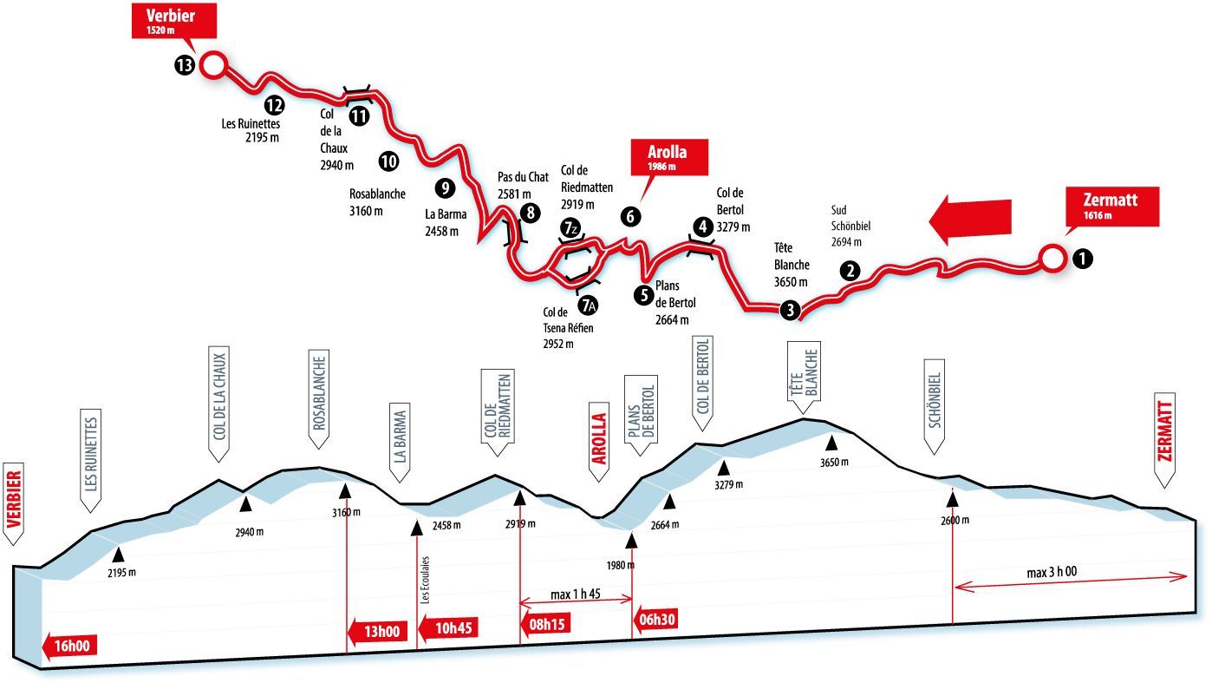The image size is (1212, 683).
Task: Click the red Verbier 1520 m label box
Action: pyautogui.click(x=174, y=21)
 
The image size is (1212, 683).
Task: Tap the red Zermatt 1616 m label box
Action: pyautogui.click(x=1112, y=206)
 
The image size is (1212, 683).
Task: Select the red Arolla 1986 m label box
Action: pyautogui.click(x=669, y=157)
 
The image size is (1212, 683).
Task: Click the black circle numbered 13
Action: pyautogui.click(x=185, y=66)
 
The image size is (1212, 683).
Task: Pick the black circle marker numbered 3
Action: pyautogui.click(x=791, y=311)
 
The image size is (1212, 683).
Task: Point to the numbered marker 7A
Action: pyautogui.click(x=588, y=305)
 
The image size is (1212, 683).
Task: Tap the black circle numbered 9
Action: pyautogui.click(x=445, y=188)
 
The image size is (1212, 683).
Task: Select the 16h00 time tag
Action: pyautogui.click(x=69, y=647)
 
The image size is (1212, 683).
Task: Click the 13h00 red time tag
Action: pyautogui.click(x=377, y=632)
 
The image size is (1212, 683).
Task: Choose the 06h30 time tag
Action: pyautogui.click(x=655, y=619)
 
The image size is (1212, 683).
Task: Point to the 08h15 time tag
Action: pyautogui.click(x=544, y=625)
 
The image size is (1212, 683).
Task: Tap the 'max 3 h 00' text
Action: pyautogui.click(x=1052, y=572)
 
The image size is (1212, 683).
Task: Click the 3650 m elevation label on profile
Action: pyautogui.click(x=834, y=462)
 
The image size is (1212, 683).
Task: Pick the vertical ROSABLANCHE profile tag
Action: pyautogui.click(x=319, y=399)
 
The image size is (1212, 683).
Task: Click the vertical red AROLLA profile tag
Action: pyautogui.click(x=599, y=442)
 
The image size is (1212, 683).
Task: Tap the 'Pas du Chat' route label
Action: pyautogui.click(x=523, y=177)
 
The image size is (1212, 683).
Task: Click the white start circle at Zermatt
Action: pyautogui.click(x=1052, y=259)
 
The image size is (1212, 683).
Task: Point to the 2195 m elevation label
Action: pyautogui.click(x=121, y=573)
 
